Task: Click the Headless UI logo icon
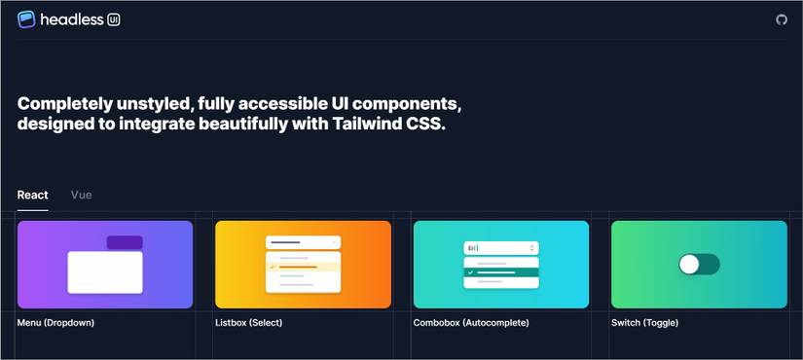26,18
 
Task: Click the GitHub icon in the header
781,19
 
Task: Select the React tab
32,195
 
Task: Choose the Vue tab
82,195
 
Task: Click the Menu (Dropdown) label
55,322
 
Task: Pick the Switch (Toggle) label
644,322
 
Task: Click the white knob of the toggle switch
690,264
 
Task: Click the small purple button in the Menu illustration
125,242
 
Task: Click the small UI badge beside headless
114,19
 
